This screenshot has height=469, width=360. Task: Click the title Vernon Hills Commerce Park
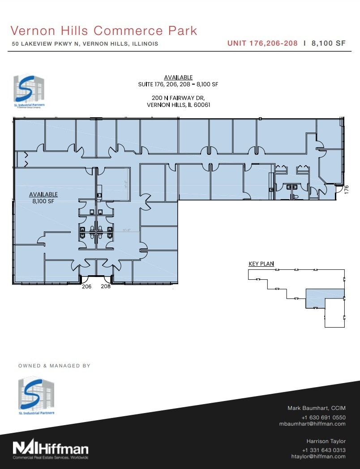[x=103, y=30]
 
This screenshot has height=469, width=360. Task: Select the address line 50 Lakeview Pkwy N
[x=85, y=44]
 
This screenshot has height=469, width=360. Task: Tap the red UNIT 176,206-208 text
[x=263, y=43]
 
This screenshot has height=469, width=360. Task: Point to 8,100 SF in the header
[x=329, y=43]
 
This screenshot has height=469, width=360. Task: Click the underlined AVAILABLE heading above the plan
[x=178, y=77]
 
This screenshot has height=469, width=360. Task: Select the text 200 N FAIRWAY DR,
[x=178, y=98]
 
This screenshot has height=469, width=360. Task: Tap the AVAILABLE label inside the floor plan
[x=43, y=194]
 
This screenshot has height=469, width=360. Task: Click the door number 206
[x=86, y=286]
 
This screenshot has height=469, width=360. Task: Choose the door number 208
[x=106, y=286]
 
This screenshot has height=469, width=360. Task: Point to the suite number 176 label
[x=346, y=190]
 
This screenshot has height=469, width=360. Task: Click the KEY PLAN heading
[x=261, y=264]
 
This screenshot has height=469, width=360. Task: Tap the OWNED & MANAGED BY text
[x=54, y=366]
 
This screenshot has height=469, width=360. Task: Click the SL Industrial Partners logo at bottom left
[x=36, y=397]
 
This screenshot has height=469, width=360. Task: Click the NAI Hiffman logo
[x=50, y=449]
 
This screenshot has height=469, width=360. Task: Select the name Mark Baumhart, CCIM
[x=316, y=408]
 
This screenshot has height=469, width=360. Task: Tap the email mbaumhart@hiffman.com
[x=312, y=424]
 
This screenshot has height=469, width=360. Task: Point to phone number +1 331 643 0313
[x=323, y=450]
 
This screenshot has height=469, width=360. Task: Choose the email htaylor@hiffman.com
[x=318, y=456]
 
